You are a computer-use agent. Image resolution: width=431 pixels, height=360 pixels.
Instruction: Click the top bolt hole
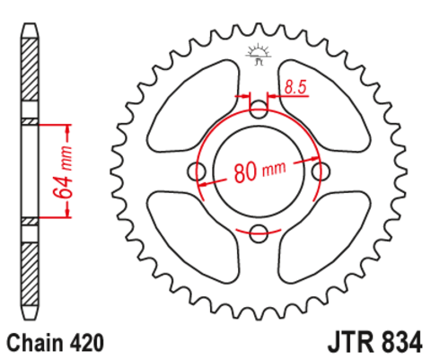(259, 111)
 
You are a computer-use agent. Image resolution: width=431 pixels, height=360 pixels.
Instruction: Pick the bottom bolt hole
(259, 234)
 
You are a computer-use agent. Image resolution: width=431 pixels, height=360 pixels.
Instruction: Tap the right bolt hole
(321, 171)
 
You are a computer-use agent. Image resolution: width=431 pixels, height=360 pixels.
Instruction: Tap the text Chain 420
(56, 343)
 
